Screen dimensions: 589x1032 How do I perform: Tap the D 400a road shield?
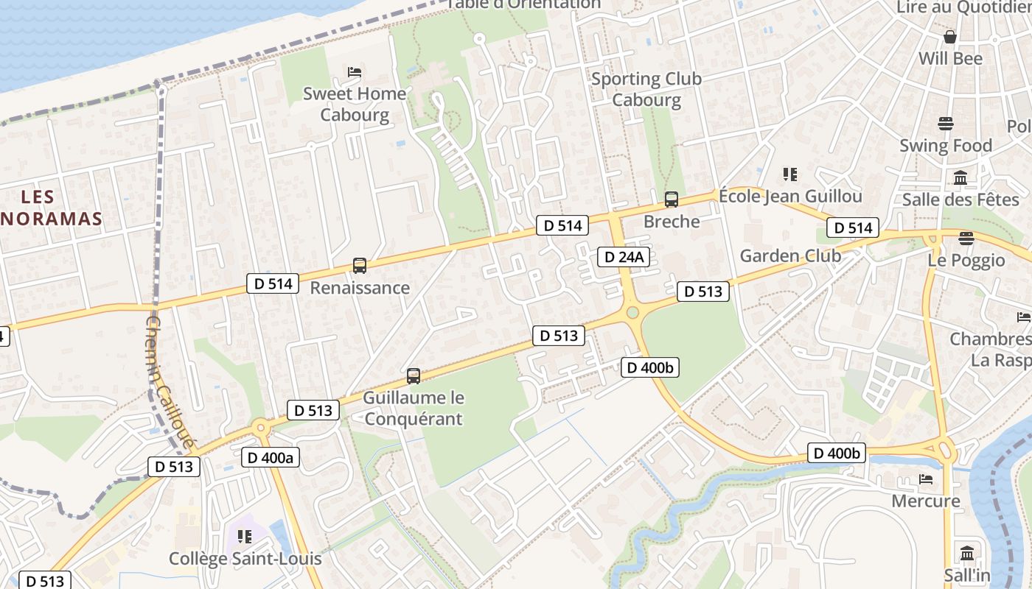pos(271,457)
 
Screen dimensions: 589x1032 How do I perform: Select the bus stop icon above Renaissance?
pos(360,266)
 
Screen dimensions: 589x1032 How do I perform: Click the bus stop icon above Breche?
pos(672,199)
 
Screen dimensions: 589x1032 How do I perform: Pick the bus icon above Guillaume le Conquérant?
pos(414,376)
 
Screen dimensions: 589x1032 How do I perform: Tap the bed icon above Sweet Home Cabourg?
pos(355,72)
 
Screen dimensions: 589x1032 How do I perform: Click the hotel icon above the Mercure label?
pos(926,479)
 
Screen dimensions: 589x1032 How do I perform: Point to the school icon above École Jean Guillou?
pos(790,174)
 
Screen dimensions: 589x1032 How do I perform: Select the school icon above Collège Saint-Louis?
pos(245,537)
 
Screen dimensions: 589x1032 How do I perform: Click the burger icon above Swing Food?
pos(946,124)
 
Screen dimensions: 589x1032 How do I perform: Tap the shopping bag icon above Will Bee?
pos(950,36)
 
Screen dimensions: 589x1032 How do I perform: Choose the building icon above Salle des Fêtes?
pos(960,177)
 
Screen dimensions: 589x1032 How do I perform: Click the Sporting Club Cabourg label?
pos(646,89)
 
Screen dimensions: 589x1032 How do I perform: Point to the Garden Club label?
pos(790,256)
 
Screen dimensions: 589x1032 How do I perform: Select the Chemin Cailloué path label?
pos(170,382)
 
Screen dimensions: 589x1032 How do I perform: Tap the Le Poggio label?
pos(966,261)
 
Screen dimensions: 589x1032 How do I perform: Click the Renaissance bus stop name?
pos(360,288)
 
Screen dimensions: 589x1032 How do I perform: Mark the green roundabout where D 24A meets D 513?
pos(632,313)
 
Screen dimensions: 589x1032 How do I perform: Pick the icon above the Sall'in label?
pos(967,552)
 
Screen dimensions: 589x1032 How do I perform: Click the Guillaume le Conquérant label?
pos(414,409)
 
